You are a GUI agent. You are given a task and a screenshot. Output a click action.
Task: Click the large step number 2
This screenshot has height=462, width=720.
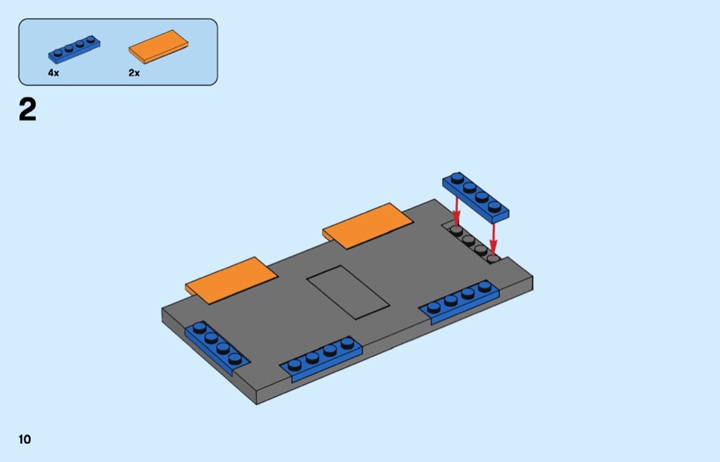[x=27, y=111]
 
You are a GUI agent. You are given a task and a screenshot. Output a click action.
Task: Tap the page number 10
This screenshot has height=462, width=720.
[x=25, y=439]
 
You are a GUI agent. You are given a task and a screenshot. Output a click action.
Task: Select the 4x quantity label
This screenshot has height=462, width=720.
[x=53, y=73]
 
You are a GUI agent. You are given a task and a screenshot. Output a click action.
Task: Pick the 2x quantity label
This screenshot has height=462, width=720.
[x=134, y=73]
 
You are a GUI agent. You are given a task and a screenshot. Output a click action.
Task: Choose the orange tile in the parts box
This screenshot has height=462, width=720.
[x=158, y=47]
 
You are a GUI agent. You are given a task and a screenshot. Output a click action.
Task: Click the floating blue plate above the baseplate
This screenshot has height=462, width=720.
[x=476, y=195]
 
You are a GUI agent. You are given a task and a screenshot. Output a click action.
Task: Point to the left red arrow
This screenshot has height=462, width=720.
[x=457, y=211]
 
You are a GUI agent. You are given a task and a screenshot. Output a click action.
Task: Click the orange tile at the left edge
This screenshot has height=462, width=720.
[x=231, y=276]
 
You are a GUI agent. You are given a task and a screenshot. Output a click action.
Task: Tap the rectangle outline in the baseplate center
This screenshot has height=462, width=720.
[x=348, y=292]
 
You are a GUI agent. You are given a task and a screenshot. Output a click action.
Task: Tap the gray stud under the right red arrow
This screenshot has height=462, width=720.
[x=492, y=258]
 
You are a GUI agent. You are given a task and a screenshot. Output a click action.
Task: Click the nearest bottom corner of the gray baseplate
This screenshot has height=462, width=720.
[x=256, y=402]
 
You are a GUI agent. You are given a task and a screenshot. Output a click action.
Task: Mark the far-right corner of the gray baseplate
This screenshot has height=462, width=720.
[x=533, y=277]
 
